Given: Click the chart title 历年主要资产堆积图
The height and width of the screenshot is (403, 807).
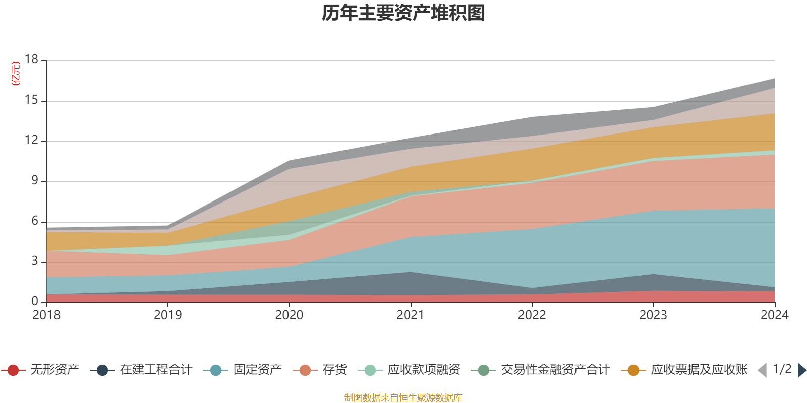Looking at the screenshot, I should (x=403, y=13).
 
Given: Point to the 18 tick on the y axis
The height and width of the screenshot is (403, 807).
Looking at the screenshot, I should (x=32, y=59).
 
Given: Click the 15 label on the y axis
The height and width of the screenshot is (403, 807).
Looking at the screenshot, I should (x=32, y=100).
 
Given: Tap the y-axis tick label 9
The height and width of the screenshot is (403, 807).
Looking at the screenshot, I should (x=35, y=180).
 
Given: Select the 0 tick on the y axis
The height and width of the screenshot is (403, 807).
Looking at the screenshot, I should (x=35, y=301).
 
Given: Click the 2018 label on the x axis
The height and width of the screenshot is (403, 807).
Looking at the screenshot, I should (x=46, y=315).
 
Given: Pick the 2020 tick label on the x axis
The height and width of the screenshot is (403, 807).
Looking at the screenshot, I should (x=289, y=315).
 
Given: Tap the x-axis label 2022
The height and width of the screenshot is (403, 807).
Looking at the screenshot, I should (x=532, y=315).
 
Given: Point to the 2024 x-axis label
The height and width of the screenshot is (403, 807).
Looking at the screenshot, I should (x=774, y=315).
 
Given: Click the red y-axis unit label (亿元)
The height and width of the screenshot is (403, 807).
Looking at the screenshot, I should (x=16, y=74).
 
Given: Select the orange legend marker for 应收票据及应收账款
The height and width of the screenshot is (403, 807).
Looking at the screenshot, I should (x=633, y=370).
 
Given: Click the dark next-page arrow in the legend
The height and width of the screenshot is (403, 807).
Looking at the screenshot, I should (x=801, y=370).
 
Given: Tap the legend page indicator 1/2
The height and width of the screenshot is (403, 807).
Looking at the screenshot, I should (x=782, y=369).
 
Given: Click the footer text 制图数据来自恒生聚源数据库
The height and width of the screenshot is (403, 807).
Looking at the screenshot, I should (x=403, y=398).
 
